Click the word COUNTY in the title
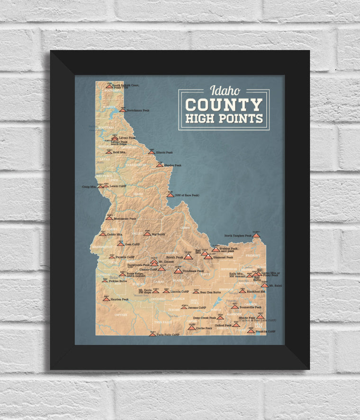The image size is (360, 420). pos(224,105)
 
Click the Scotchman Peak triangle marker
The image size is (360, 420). pos(123,110)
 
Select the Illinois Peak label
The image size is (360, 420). pos(164,152)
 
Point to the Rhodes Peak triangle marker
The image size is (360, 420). pos(160,165)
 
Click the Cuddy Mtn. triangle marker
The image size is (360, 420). pos(102,234)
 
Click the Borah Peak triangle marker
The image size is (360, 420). pos(188,257)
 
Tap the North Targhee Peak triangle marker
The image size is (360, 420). pos(256,235)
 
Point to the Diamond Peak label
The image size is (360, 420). pos(223,258)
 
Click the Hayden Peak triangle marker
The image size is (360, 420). pos(106,299)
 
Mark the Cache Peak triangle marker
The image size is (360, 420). pos(191,327)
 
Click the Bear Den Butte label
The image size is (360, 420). pos(211,292)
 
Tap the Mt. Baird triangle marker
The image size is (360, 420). pos(264,286)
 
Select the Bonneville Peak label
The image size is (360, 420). pos(251,307)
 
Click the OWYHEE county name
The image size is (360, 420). pos(121,314)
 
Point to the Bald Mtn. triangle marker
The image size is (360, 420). pos(108,152)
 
